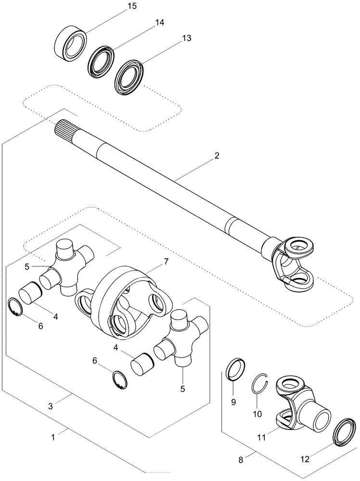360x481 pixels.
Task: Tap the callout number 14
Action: click(159, 23)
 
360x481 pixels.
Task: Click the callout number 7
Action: click(166, 262)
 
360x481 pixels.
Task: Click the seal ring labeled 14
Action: click(101, 62)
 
